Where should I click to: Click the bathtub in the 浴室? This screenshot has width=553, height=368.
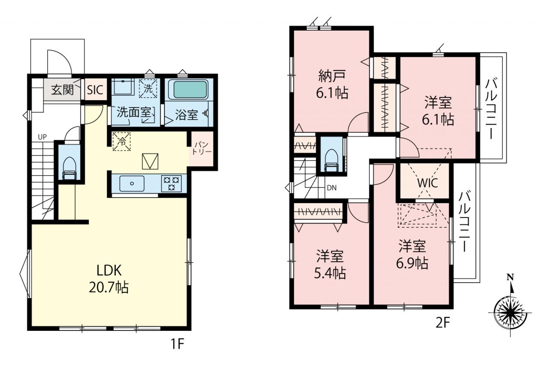pos(190,90)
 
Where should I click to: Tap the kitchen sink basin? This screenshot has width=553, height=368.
pos(132,183)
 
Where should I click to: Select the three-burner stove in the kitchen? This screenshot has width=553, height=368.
pos(172,183)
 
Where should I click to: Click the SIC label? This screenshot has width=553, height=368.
pos(95,90)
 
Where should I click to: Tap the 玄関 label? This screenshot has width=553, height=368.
pos(63,90)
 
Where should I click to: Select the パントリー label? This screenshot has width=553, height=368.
pos(202,148)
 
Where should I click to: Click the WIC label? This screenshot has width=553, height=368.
pos(428,182)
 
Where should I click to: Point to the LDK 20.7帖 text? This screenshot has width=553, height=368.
pos(108,279)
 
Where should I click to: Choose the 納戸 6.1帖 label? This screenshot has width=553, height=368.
pos(332,84)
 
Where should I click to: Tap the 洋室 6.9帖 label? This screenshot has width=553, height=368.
pos(412,255)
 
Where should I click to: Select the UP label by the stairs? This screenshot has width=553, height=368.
pos(42,137)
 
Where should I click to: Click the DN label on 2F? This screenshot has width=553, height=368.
pos(331,188)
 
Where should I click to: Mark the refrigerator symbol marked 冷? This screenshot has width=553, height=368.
pos(121,141)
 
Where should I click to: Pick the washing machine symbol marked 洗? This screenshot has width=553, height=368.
pos(148,88)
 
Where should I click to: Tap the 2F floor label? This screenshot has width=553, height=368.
pos(443,323)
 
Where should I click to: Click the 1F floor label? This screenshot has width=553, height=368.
pos(178,344)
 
